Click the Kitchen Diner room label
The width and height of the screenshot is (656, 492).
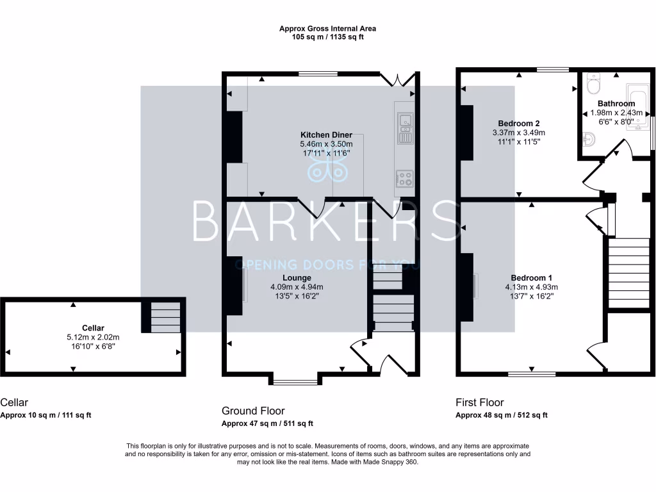(x=327, y=135)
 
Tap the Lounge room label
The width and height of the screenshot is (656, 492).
(x=297, y=278)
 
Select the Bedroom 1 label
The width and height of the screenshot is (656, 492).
(x=530, y=278)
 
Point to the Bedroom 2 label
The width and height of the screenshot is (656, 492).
(x=519, y=124)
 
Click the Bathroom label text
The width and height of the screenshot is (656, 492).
(x=616, y=104)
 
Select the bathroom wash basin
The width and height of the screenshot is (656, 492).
(x=589, y=137)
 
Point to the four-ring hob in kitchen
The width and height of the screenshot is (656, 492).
(x=404, y=179)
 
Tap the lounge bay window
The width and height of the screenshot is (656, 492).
(x=295, y=382)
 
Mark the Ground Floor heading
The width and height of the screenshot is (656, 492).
(x=253, y=411)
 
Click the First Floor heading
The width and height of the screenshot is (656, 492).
(x=479, y=403)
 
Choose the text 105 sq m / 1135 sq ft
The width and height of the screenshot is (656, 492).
(x=327, y=37)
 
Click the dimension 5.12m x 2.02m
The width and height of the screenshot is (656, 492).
(x=93, y=337)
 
